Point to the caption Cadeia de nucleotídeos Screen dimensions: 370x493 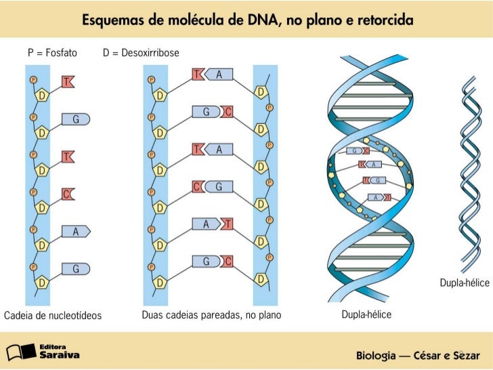point(53,316)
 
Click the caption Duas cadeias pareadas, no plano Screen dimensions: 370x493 point(211,316)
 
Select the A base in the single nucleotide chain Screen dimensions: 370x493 point(77,232)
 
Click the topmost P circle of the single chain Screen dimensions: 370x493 point(33,80)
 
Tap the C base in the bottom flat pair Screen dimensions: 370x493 point(228,261)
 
